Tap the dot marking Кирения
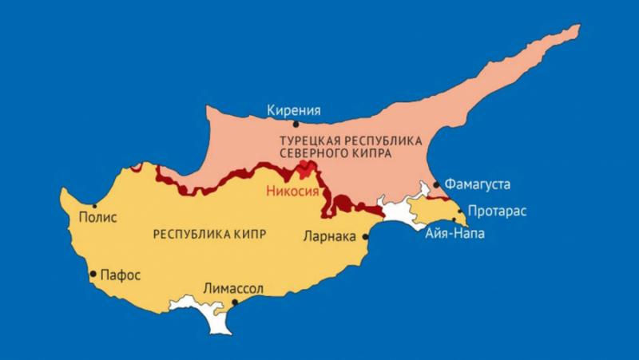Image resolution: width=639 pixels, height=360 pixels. point(296,124)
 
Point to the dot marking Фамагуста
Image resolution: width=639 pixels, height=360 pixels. point(436,184)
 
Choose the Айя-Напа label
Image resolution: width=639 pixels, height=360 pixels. point(454,234)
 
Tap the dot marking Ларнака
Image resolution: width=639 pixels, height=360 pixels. point(366,235)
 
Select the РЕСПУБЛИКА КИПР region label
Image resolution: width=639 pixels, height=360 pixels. point(208,234)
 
